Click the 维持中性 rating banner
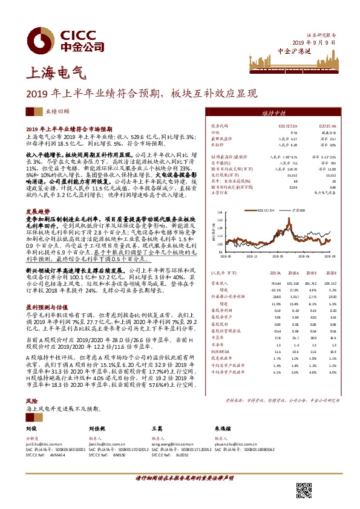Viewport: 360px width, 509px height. (278, 112)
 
